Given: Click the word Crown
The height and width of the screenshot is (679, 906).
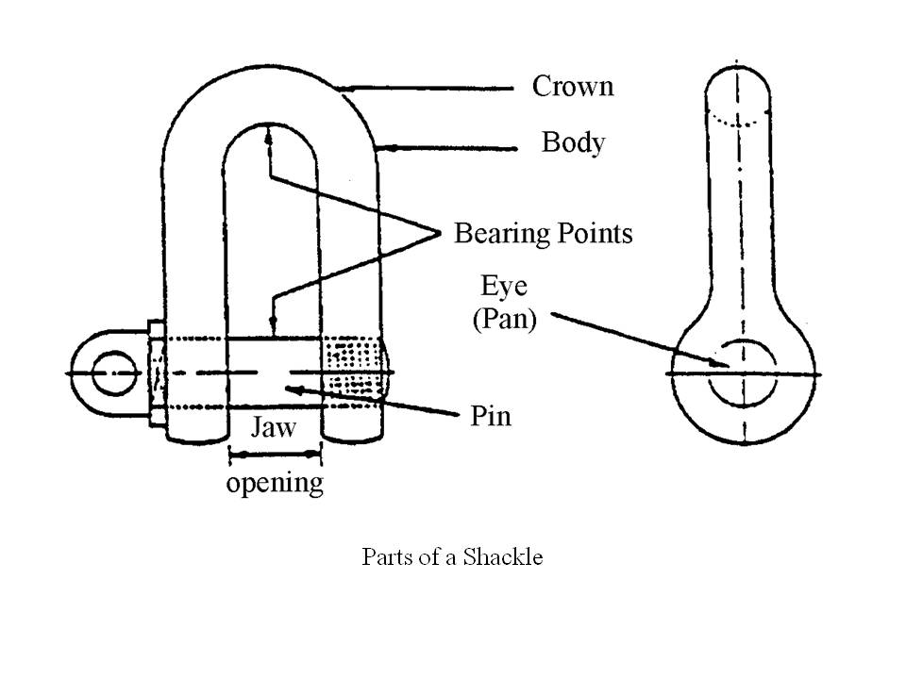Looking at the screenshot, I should coord(573,87).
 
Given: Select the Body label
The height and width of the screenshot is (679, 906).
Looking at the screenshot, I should coord(573,143).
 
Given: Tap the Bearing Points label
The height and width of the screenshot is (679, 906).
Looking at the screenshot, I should coord(543,233).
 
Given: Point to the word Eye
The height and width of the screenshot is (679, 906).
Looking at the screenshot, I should coord(504,287).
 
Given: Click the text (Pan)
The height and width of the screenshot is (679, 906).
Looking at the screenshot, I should coord(504,319).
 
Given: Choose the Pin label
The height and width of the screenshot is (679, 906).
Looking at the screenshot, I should coord(491,416).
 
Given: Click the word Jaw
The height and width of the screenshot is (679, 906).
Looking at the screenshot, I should coord(273,428).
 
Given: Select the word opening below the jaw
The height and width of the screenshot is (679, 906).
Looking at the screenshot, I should coord(274,484).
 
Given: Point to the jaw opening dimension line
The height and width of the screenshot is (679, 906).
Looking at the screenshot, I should coord(275,455).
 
